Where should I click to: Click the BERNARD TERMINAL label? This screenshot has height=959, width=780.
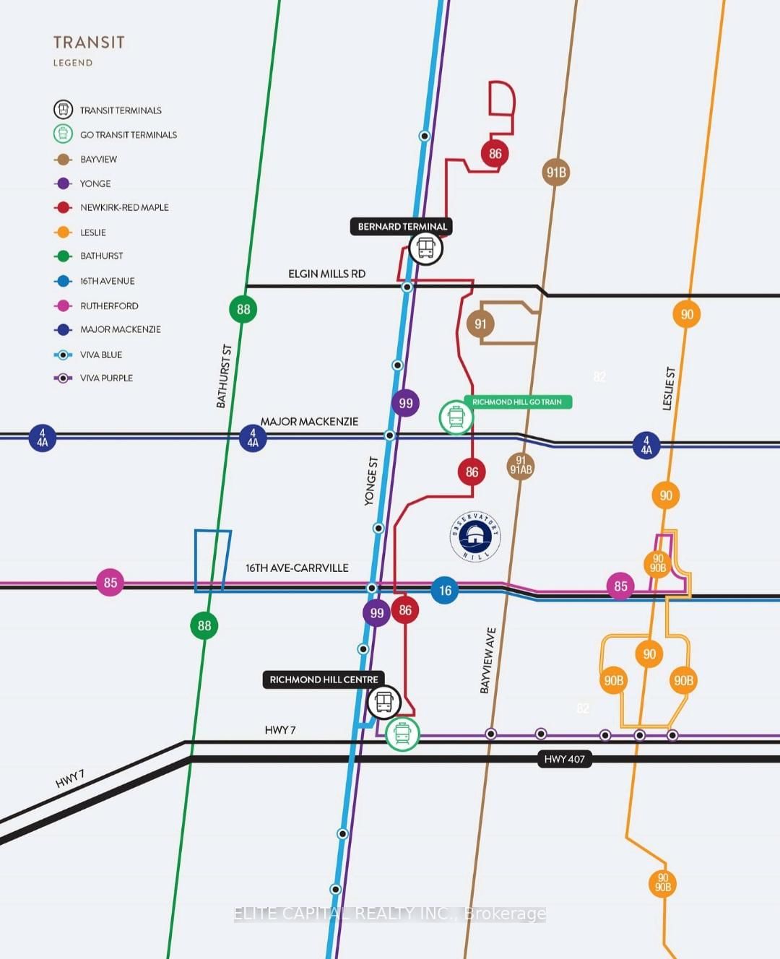pos(402,227)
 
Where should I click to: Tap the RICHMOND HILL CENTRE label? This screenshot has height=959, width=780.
pos(324,680)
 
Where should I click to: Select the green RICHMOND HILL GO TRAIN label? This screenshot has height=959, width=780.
pos(517,402)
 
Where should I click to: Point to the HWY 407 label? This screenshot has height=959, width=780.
pos(565,759)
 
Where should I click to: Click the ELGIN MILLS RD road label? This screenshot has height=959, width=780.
pos(326,274)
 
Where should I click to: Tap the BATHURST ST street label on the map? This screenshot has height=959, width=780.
pos(225,376)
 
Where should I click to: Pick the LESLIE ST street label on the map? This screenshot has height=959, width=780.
pos(669,389)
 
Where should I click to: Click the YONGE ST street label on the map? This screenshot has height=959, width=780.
pos(371,481)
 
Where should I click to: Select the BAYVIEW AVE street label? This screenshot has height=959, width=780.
pos(488,661)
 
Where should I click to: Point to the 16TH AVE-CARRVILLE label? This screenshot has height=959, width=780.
pos(297,568)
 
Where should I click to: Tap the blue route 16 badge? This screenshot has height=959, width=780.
pos(445,591)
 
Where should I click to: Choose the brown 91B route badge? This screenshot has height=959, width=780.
pos(556,172)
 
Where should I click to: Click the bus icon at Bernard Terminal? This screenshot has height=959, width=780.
pos(425,248)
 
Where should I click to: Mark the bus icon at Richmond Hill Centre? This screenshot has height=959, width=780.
pos(383,701)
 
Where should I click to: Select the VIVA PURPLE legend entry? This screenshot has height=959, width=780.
pos(106,378)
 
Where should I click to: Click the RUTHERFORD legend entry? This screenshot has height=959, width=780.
pos(109,305)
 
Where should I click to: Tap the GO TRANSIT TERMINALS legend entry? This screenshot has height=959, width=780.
pos(128,134)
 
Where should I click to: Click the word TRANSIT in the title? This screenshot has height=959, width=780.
pos(89,43)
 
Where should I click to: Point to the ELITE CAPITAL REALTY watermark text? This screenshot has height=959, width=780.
pos(390,914)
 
